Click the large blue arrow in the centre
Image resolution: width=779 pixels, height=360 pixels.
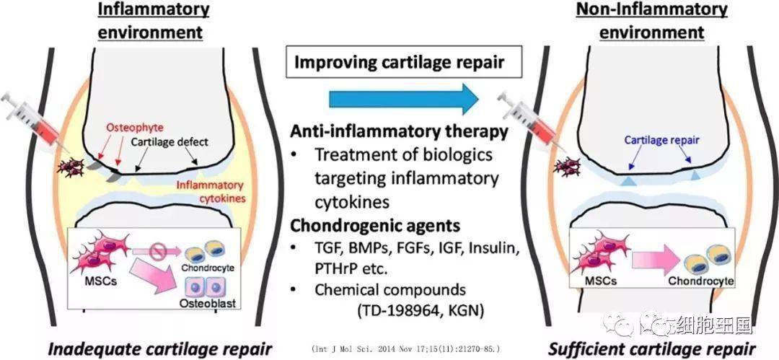point(404,100)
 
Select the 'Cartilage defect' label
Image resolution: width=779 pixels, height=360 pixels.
point(169,142)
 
